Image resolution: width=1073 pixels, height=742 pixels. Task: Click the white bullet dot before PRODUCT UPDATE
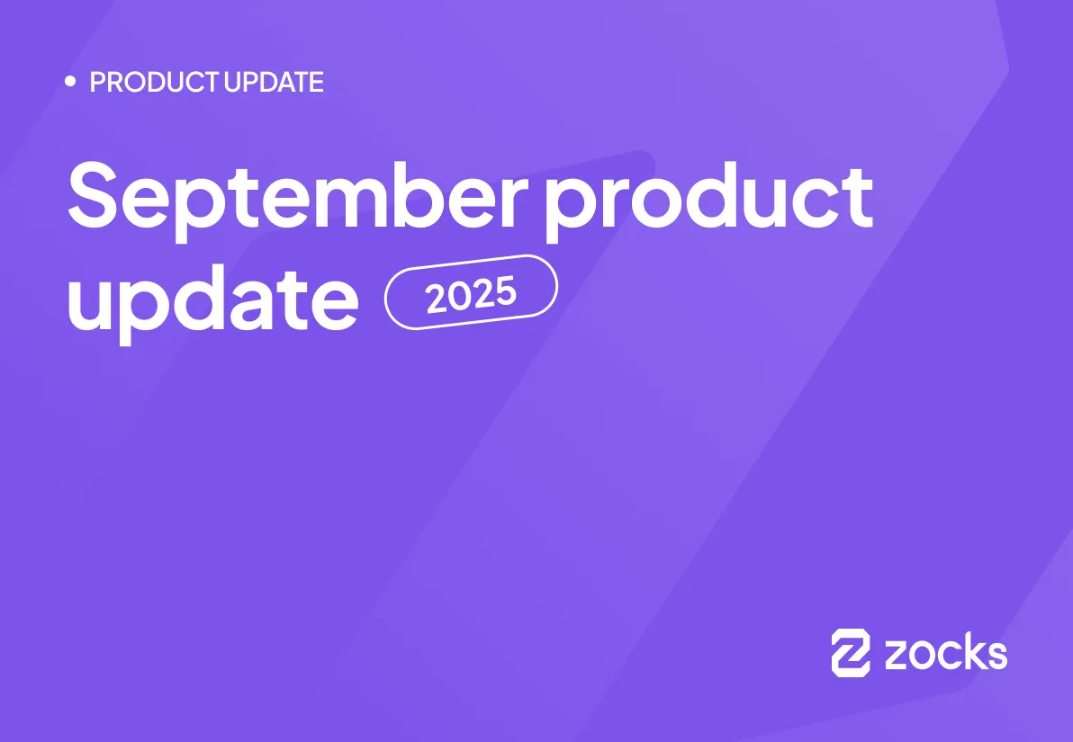[x=71, y=82]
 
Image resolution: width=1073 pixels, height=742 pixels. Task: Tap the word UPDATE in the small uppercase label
[x=274, y=83]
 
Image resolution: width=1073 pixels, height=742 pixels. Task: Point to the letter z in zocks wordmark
[x=897, y=656]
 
